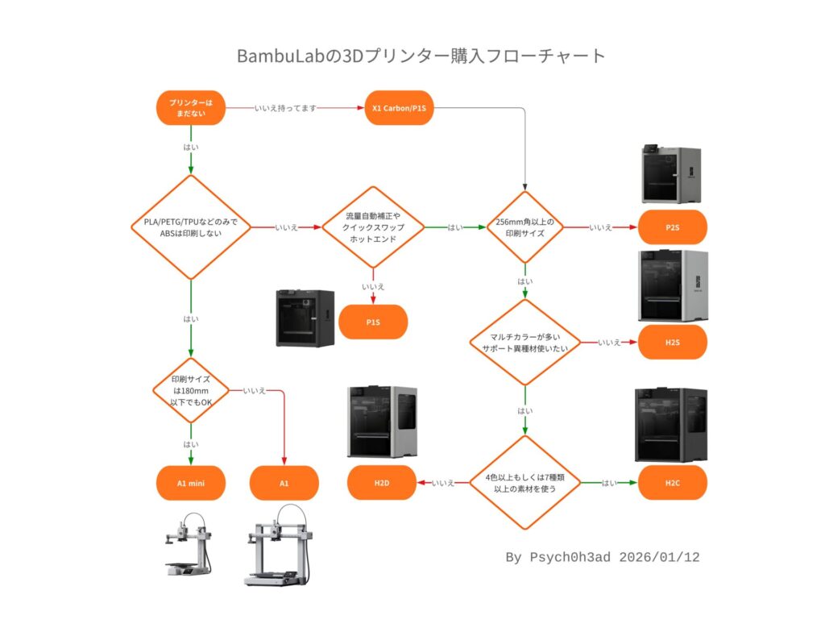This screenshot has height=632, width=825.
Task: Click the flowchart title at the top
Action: [x=421, y=56]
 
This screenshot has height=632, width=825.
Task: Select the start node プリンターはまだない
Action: [x=191, y=108]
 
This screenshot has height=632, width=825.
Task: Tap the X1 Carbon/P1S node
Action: [x=400, y=108]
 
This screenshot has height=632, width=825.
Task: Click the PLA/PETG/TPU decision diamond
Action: [x=191, y=227]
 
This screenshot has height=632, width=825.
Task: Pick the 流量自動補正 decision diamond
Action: [x=373, y=227]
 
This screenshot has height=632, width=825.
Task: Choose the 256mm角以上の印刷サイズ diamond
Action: [x=525, y=227]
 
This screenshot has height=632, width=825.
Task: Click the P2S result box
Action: [x=673, y=227]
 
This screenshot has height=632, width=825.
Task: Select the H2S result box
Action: [x=673, y=343]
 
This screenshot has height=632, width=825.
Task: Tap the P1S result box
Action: [x=373, y=322]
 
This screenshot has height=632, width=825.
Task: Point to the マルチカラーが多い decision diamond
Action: [x=525, y=343]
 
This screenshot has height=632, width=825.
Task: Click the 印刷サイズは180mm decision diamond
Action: [x=191, y=391]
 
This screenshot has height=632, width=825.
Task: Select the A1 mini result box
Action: [x=191, y=483]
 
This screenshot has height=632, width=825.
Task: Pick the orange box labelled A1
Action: [x=284, y=483]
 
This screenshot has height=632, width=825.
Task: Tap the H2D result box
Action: [x=381, y=483]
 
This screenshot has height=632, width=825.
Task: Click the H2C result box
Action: [x=673, y=483]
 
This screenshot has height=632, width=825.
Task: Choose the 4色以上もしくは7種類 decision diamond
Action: [x=525, y=483]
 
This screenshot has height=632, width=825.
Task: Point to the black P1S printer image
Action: [x=305, y=318]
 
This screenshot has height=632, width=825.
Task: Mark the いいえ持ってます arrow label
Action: [x=284, y=108]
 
